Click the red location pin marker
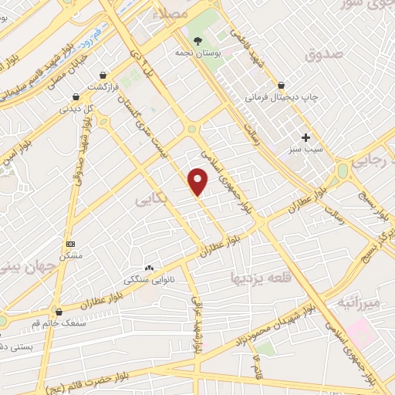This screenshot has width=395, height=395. tap(198, 182)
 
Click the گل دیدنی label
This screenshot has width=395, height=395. tap(77, 109)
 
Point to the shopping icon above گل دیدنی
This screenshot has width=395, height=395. tap(76, 97)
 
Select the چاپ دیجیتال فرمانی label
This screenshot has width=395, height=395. tap(282, 98)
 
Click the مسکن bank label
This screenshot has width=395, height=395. tap(72, 255)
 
